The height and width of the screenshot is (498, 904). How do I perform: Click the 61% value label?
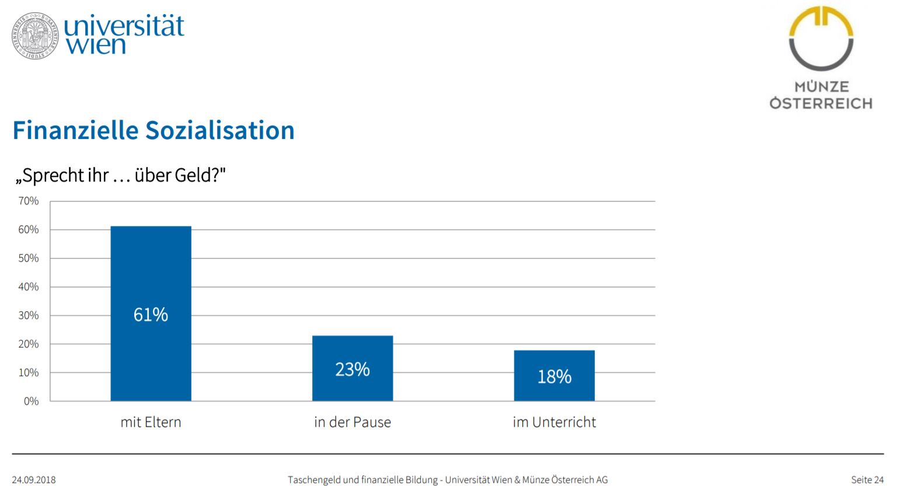point(151,315)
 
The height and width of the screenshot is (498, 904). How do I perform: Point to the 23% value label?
point(352,370)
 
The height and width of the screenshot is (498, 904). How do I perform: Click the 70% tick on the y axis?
point(29,201)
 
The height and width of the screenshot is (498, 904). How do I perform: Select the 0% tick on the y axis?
point(31,402)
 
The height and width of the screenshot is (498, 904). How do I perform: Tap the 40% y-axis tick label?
point(29,287)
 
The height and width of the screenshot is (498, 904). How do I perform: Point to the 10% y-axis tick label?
point(29,373)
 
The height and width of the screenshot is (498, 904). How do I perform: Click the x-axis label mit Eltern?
point(151,422)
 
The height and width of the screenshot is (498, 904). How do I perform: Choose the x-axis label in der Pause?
point(352,422)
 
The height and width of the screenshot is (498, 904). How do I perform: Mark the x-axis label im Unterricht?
point(554,422)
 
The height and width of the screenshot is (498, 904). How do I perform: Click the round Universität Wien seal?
point(35,35)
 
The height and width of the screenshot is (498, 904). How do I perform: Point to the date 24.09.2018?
point(34,480)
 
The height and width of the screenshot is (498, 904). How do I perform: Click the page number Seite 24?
point(867,480)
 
